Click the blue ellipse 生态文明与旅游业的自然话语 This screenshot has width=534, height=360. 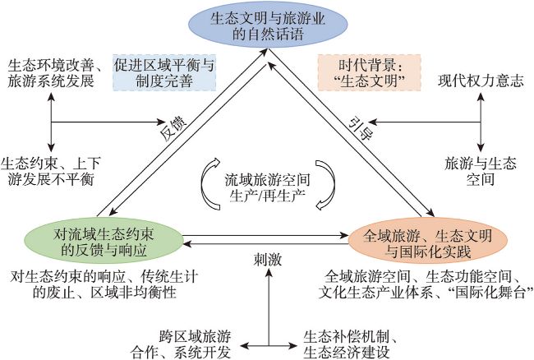(x=269, y=25)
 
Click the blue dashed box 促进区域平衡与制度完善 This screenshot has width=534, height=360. (x=164, y=72)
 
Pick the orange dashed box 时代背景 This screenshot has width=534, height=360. (x=369, y=72)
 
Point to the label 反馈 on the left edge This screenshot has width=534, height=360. (x=173, y=129)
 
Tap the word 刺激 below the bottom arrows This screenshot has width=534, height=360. (x=268, y=260)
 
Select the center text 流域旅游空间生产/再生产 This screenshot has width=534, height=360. (x=267, y=187)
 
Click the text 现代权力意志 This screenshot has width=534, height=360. (x=481, y=81)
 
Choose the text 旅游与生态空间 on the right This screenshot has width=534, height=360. (x=481, y=171)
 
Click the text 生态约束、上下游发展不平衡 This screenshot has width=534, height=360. (x=50, y=171)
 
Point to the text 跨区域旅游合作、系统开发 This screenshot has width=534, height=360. (x=181, y=344)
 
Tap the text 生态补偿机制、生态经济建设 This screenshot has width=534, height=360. (x=351, y=344)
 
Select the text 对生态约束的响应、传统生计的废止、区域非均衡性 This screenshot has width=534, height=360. (x=104, y=284)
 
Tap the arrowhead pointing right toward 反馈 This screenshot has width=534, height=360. (x=161, y=122)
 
